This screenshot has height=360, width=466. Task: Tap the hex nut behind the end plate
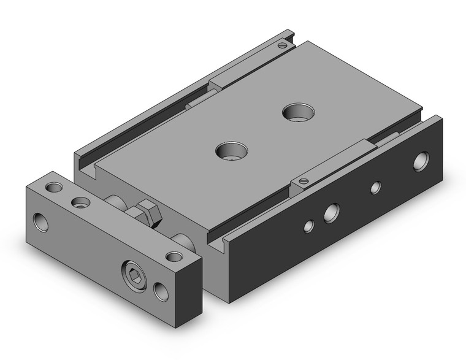coord(148,213)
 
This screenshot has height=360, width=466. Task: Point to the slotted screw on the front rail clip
coord(302,180)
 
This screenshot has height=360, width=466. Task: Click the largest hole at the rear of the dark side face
coord(421,161)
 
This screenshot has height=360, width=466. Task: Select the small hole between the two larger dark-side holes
coord(375,188)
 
